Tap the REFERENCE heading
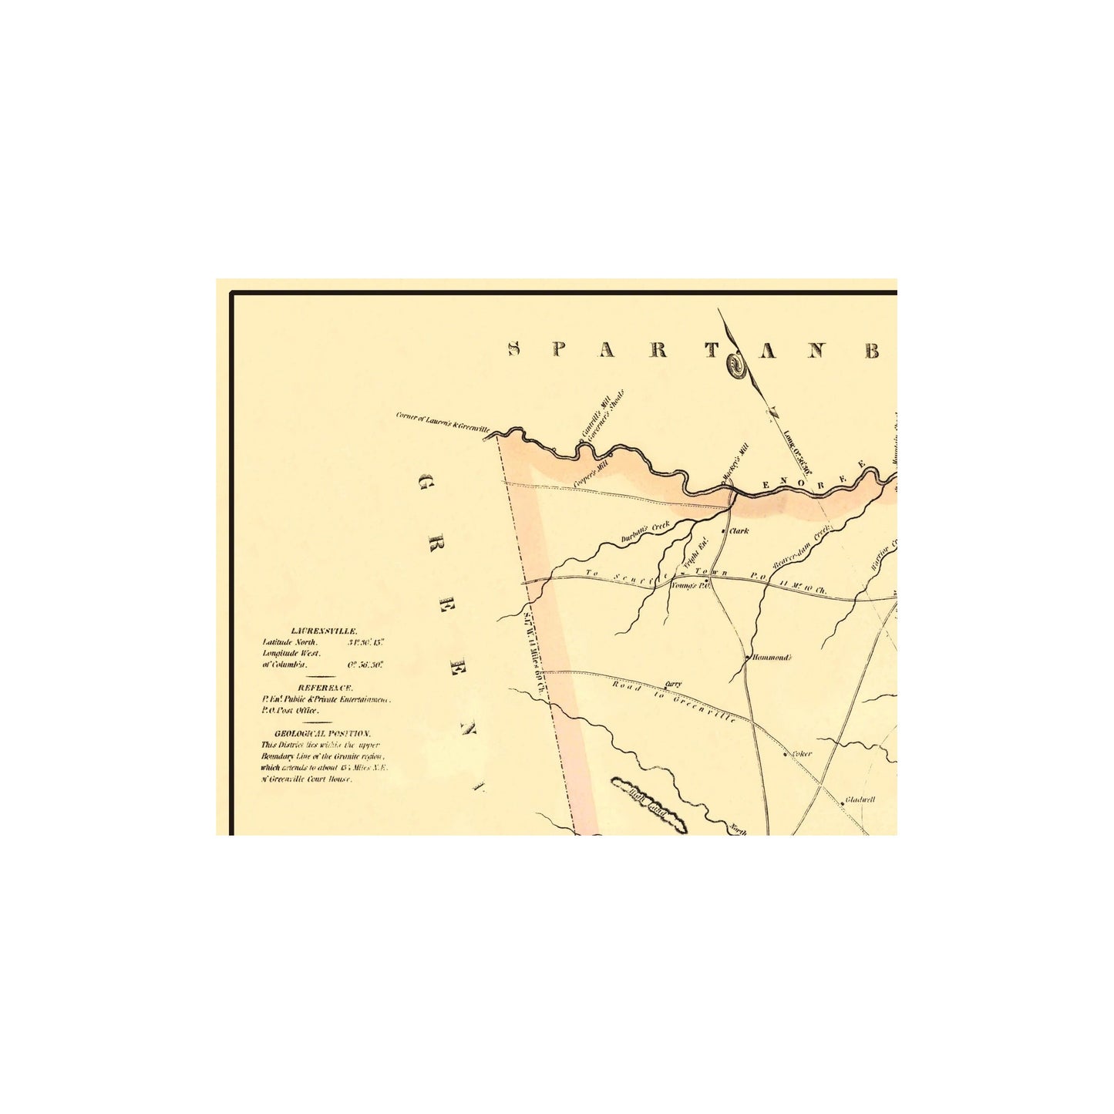click(325, 687)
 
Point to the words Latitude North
click(284, 641)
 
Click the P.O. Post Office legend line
click(290, 710)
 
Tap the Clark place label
click(739, 531)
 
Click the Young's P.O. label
click(688, 585)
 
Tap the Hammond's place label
click(772, 658)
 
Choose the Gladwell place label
click(860, 800)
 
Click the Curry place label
click(673, 684)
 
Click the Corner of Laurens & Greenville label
click(443, 421)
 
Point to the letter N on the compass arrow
click(772, 413)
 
